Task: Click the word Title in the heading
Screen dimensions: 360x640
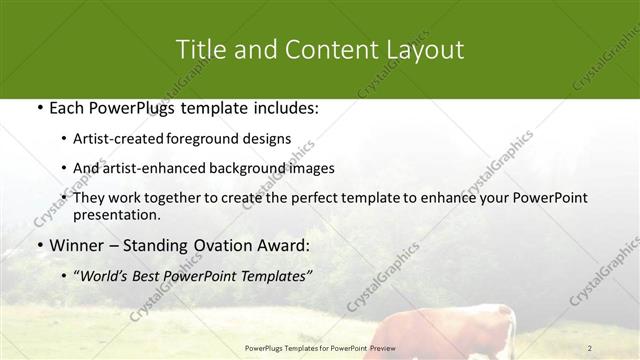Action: pyautogui.click(x=199, y=49)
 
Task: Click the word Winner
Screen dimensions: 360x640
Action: pyautogui.click(x=75, y=246)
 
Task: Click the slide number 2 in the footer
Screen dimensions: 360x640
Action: pyautogui.click(x=590, y=348)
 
